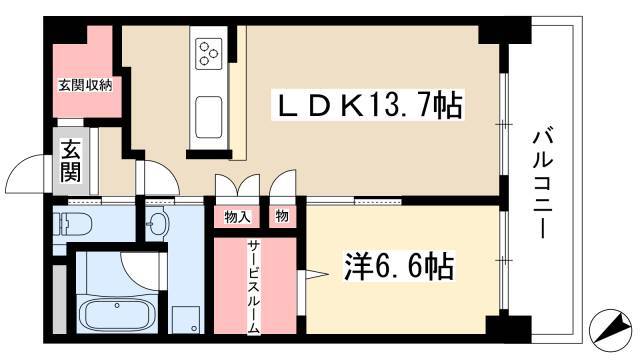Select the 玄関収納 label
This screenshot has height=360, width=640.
[x=84, y=85]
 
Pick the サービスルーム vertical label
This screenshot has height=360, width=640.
[x=255, y=287]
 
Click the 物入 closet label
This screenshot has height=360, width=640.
[x=236, y=216]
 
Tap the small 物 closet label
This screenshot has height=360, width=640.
[x=281, y=216]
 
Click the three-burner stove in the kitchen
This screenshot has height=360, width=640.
[x=210, y=51]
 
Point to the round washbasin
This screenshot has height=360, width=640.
[x=156, y=224]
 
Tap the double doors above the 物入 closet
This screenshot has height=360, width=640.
[x=236, y=189]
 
